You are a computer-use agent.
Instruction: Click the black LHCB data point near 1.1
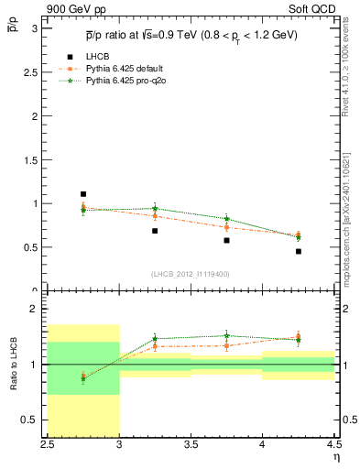click(x=83, y=194)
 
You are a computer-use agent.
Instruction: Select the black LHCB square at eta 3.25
click(x=155, y=231)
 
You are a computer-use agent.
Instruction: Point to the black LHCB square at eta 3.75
click(x=226, y=240)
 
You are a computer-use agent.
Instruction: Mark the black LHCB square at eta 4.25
click(x=298, y=251)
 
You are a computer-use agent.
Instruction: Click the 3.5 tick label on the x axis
click(x=191, y=446)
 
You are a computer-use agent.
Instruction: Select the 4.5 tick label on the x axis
click(x=333, y=446)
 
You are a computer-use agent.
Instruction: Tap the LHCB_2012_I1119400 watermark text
click(x=191, y=273)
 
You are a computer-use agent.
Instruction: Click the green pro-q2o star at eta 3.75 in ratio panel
click(x=226, y=336)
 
